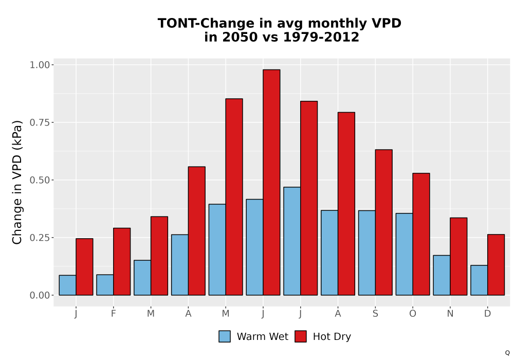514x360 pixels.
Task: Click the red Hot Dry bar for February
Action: click(x=122, y=262)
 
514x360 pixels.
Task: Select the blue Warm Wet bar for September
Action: click(x=367, y=253)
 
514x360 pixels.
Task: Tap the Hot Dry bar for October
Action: click(x=421, y=234)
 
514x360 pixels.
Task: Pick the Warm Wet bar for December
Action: click(x=479, y=280)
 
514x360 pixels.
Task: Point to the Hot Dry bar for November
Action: click(x=458, y=257)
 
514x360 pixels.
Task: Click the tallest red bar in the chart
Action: click(x=271, y=182)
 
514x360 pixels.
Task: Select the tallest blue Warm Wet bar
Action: click(x=292, y=241)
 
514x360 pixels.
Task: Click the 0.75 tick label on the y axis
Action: click(x=40, y=122)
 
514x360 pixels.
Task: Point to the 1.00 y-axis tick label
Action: click(x=40, y=65)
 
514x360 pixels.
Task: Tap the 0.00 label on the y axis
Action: click(x=40, y=295)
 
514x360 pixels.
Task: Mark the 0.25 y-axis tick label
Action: click(x=40, y=238)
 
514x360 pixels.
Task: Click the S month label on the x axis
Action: click(x=375, y=314)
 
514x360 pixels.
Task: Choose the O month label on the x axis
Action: click(x=413, y=314)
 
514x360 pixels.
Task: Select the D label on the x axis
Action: click(x=487, y=314)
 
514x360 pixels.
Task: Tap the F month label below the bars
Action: click(x=114, y=314)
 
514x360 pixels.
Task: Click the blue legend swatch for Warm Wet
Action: click(x=225, y=336)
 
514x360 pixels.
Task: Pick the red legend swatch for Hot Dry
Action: click(x=301, y=336)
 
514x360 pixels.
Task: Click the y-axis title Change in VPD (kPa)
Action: click(x=17, y=182)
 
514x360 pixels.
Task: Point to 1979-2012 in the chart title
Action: click(x=321, y=37)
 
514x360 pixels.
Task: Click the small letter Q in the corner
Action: click(x=507, y=353)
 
